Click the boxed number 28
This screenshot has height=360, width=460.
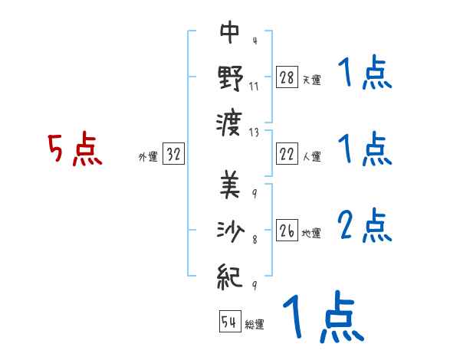[x=287, y=77]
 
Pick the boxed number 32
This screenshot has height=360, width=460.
[x=173, y=155]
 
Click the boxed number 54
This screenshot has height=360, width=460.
[x=229, y=322]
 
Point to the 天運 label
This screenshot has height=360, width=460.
[x=312, y=80]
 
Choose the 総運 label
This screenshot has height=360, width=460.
[x=255, y=324]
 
